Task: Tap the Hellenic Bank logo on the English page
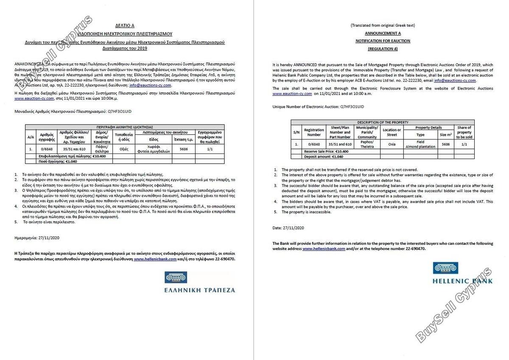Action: click(x=462, y=273)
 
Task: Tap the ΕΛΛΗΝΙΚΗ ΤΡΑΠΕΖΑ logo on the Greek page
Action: click(x=199, y=283)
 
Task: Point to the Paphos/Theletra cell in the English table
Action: click(x=367, y=144)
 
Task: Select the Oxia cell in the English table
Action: click(x=392, y=144)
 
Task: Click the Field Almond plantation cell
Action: click(x=420, y=144)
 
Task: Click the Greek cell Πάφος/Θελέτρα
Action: click(x=102, y=149)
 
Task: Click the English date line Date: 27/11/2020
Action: click(x=288, y=228)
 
